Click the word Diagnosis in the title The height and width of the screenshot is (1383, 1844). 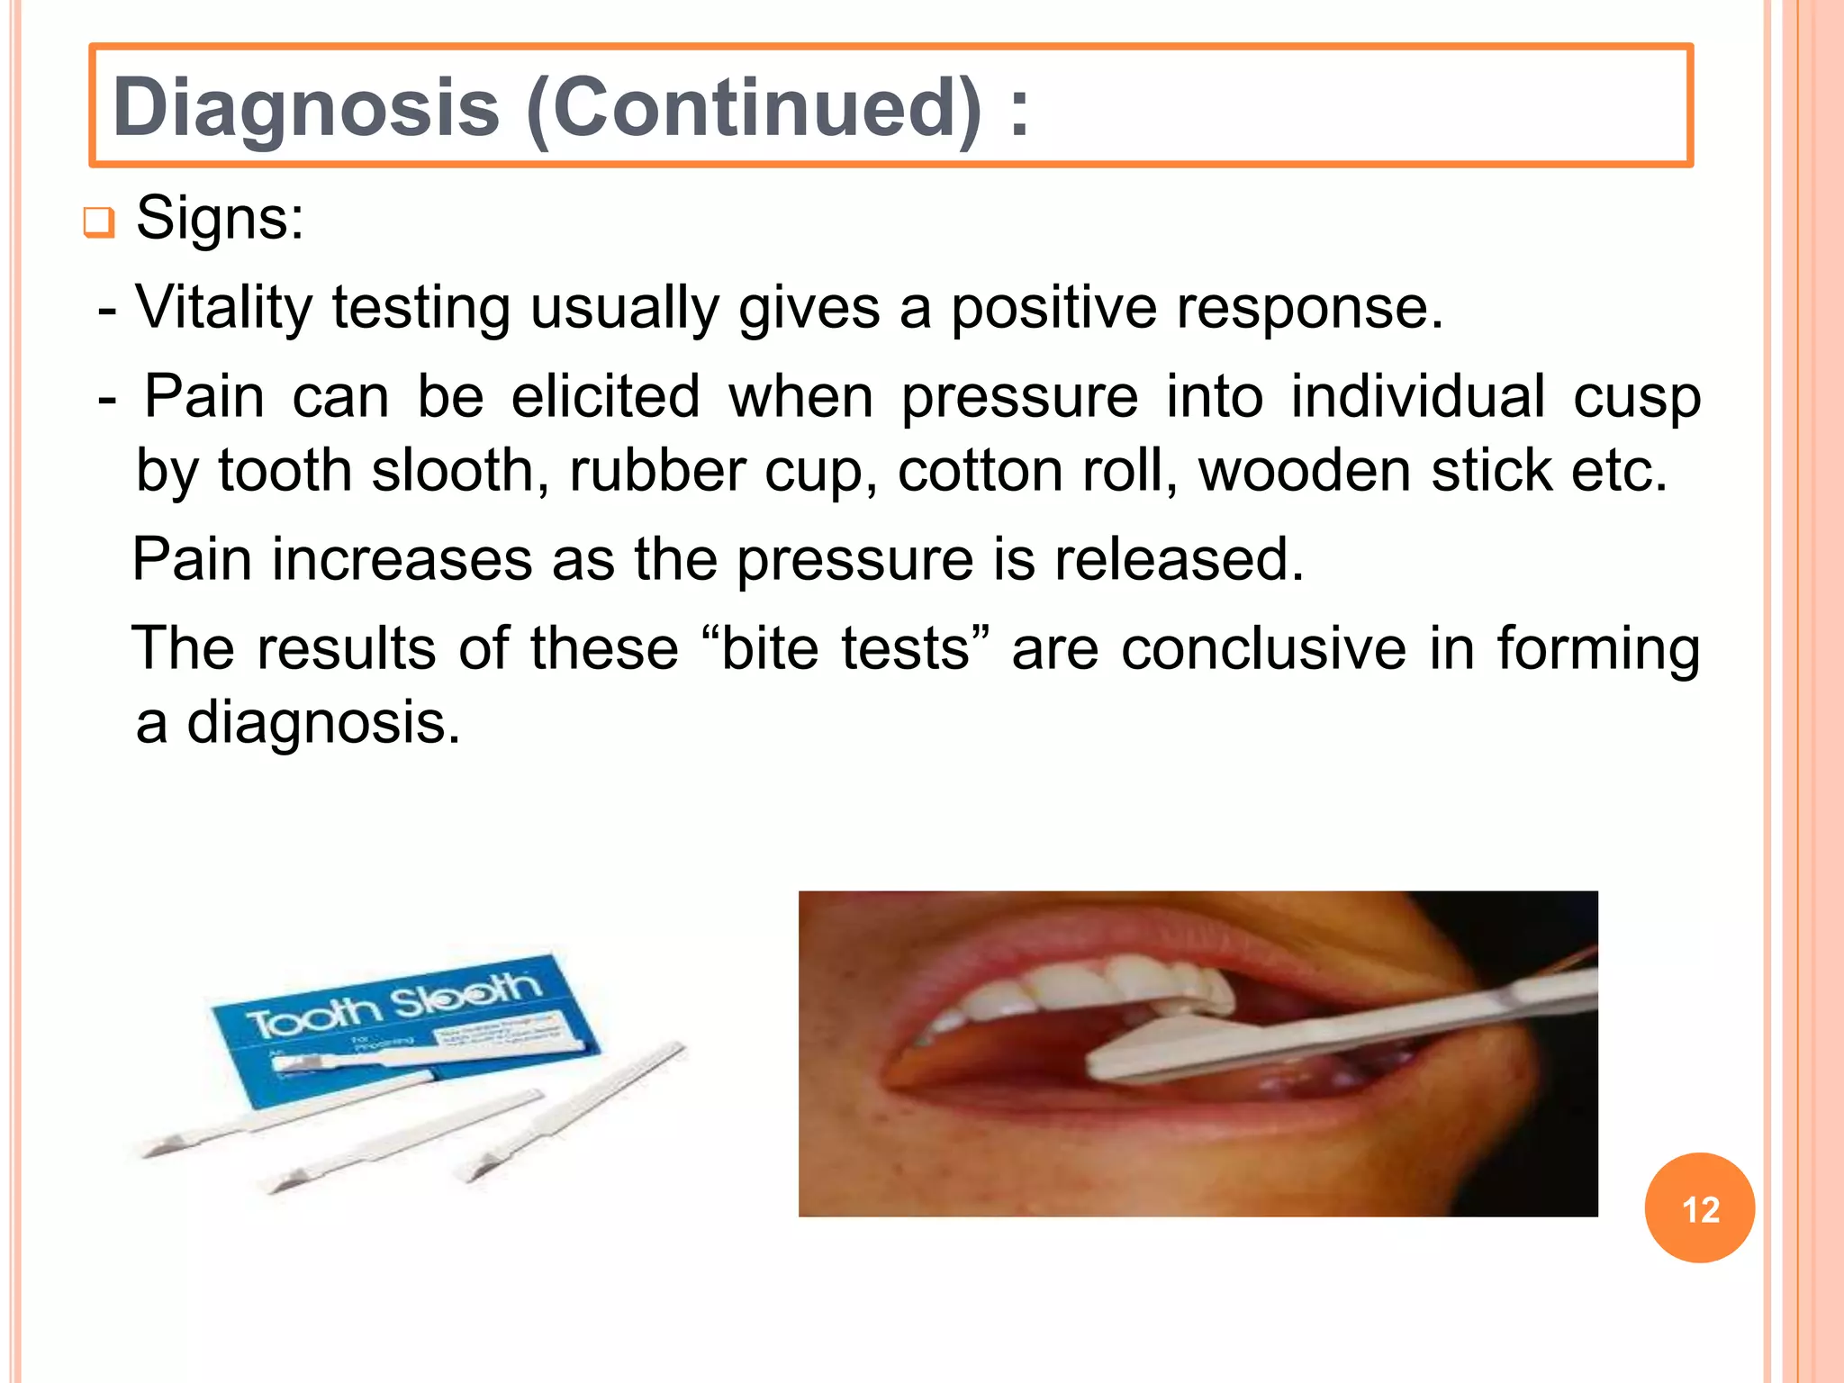tap(306, 108)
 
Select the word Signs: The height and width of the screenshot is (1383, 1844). tap(221, 218)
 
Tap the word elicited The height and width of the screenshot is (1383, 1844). tap(605, 396)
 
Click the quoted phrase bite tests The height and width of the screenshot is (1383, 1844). tap(845, 648)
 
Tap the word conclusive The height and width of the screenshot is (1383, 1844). tap(1262, 648)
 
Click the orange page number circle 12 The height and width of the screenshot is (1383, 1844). tap(1699, 1208)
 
